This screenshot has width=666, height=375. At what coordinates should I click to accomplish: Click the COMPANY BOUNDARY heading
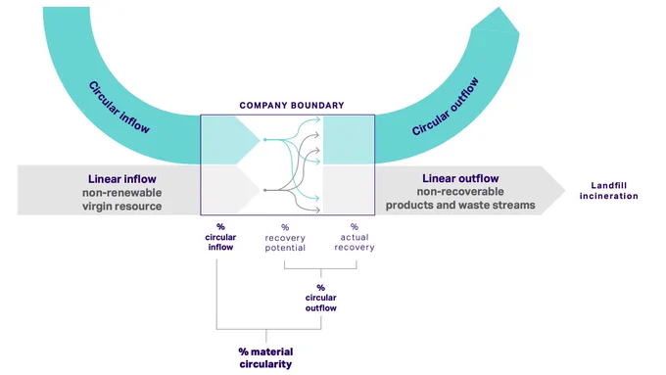pyautogui.click(x=292, y=106)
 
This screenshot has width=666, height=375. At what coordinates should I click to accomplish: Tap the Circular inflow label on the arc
pyautogui.click(x=119, y=108)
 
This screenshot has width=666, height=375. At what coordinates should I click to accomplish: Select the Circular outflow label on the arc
pyautogui.click(x=445, y=107)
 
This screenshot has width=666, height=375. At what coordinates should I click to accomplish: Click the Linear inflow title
pyautogui.click(x=121, y=179)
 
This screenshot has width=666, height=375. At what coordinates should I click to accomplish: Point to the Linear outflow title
pyautogui.click(x=460, y=178)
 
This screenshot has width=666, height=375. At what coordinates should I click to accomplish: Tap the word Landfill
pyautogui.click(x=608, y=185)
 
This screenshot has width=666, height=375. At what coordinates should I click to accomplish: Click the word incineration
pyautogui.click(x=608, y=196)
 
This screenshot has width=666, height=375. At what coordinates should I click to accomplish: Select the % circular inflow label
pyautogui.click(x=220, y=237)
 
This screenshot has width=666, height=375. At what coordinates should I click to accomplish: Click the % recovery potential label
pyautogui.click(x=285, y=238)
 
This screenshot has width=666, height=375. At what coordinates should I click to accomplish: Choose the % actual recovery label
pyautogui.click(x=355, y=237)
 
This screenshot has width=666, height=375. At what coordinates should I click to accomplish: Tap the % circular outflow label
pyautogui.click(x=320, y=298)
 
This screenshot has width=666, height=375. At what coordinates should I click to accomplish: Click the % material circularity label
pyautogui.click(x=265, y=358)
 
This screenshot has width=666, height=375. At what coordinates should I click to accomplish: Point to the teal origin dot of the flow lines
pyautogui.click(x=265, y=139)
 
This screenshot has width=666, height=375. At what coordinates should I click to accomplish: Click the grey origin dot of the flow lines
pyautogui.click(x=265, y=190)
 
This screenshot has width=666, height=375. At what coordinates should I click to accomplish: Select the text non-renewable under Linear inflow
pyautogui.click(x=121, y=192)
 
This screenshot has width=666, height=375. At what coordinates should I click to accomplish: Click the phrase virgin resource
pyautogui.click(x=121, y=207)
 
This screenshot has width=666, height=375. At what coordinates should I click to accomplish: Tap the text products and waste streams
pyautogui.click(x=460, y=206)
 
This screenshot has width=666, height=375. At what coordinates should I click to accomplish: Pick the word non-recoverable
pyautogui.click(x=460, y=192)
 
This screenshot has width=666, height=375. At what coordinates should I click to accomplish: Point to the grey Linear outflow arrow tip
pyautogui.click(x=565, y=190)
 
